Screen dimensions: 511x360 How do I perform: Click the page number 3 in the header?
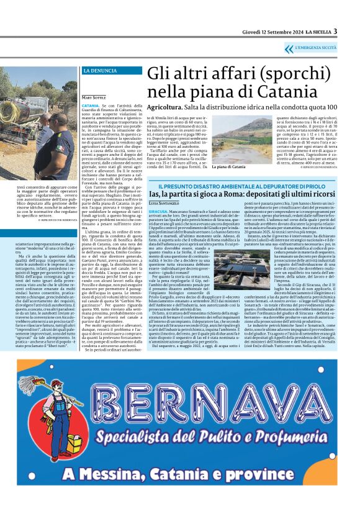[x=335, y=31]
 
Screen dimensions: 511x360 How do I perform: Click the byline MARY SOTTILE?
[x=94, y=98]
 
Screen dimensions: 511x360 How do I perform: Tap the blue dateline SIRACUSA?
[x=159, y=211]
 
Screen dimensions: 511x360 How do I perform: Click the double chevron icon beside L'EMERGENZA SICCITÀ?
[x=289, y=48]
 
